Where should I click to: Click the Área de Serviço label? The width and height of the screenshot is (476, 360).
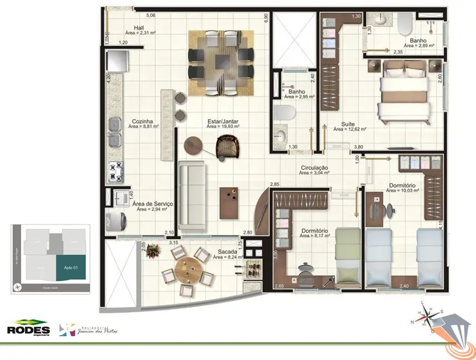pos(152,203)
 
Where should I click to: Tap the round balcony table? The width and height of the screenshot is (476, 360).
pos(187,271)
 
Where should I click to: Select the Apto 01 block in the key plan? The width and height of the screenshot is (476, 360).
pos(70,268)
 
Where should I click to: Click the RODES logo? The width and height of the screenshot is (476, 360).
pos(28,329)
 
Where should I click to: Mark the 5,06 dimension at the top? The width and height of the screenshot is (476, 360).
pos(151,16)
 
